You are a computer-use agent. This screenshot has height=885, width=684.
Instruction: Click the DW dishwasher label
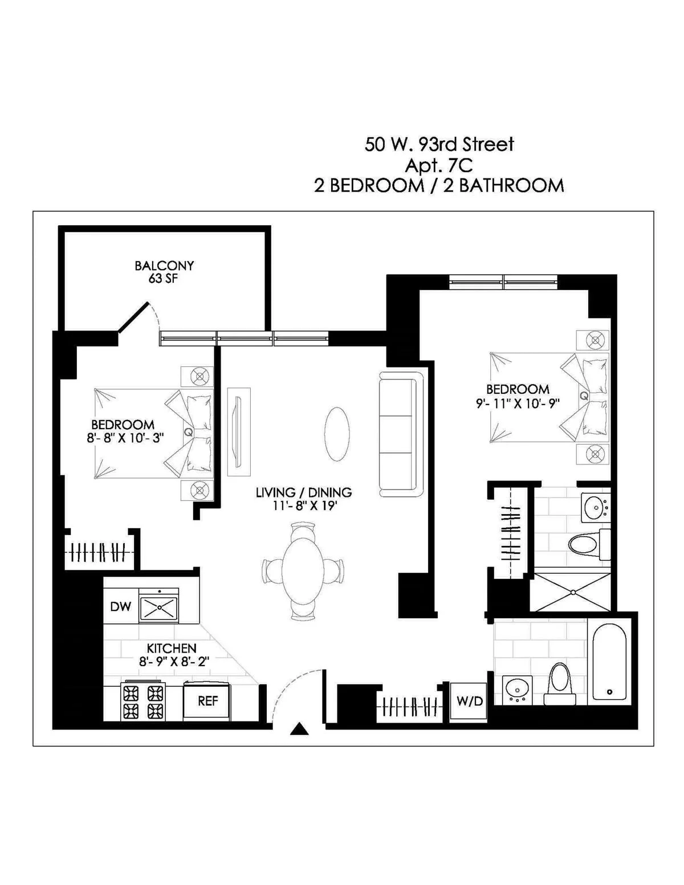[121, 606]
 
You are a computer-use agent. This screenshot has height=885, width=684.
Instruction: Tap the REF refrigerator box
[207, 701]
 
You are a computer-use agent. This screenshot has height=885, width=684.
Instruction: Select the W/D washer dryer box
[469, 702]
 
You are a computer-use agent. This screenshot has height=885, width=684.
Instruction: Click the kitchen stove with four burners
[143, 702]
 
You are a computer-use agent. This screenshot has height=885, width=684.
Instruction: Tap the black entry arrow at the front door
[299, 729]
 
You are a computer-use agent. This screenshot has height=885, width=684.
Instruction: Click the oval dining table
[303, 570]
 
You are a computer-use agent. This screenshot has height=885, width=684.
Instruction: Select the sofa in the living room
[401, 434]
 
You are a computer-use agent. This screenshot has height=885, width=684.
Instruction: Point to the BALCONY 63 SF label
[164, 272]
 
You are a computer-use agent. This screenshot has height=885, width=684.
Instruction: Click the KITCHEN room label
[172, 648]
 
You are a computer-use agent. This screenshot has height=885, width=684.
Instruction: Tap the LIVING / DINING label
[304, 492]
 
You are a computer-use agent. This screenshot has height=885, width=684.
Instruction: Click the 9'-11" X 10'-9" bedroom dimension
[518, 404]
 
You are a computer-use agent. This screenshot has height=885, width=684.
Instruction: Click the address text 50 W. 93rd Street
[439, 144]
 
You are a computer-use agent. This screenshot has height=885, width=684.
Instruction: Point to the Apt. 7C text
[439, 165]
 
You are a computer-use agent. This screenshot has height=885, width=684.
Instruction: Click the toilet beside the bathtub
[559, 683]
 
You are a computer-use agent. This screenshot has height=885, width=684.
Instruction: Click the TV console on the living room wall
[239, 431]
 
